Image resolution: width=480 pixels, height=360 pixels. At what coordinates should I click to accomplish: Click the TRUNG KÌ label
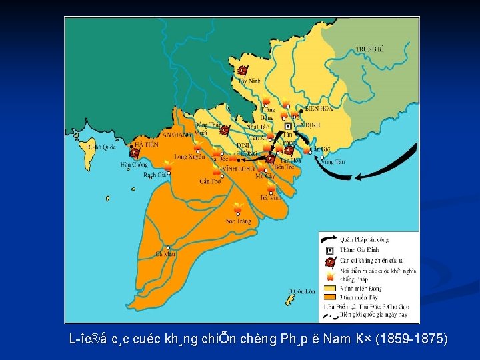click(x=370, y=49)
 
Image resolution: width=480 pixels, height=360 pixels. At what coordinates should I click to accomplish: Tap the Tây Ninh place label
click(x=249, y=81)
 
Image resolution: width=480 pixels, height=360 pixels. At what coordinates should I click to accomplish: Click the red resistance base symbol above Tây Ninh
click(x=243, y=70)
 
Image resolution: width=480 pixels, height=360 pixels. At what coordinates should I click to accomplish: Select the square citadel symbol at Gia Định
click(x=288, y=125)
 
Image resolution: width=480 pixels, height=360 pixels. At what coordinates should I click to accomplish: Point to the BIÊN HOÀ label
click(x=317, y=108)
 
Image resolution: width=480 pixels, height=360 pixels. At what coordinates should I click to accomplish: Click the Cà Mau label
click(x=164, y=253)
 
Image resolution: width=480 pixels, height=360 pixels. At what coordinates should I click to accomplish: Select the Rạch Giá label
click(x=155, y=174)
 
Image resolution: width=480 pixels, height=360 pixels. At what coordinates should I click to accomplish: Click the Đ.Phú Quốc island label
click(x=101, y=147)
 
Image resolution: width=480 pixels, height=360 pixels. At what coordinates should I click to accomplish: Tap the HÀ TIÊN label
click(x=146, y=144)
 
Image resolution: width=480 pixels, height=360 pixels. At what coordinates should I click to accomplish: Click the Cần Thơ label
click(x=210, y=181)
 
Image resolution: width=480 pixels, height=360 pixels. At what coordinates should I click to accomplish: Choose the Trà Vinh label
click(x=271, y=197)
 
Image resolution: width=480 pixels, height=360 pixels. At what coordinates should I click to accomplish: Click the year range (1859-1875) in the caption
click(x=411, y=339)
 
